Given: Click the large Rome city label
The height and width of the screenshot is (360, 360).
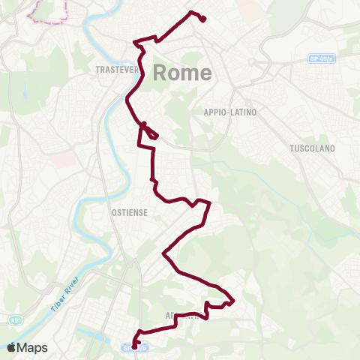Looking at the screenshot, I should [183, 73].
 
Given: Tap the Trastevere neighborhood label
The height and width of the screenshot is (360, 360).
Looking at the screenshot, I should [118, 70].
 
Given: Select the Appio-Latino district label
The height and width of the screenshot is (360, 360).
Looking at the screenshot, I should [229, 112].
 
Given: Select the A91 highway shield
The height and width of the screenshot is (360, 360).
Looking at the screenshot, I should [15, 321].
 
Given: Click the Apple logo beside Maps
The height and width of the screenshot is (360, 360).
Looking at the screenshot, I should [11, 347].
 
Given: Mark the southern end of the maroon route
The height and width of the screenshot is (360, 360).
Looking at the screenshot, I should [133, 346].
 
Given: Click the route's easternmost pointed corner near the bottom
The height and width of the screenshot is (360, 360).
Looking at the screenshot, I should [233, 301].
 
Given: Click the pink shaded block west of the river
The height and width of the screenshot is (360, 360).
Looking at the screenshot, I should [64, 159].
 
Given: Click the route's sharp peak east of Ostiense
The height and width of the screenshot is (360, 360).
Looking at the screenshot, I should [209, 202].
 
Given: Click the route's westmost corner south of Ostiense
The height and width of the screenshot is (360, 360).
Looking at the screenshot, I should [164, 256].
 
